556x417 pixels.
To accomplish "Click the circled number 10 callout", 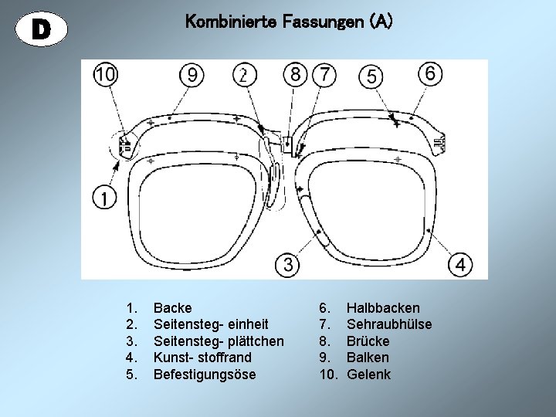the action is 106,74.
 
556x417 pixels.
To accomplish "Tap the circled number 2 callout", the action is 243,75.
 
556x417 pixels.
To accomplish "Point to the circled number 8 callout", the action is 294,74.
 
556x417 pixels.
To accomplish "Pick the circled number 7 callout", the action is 325,74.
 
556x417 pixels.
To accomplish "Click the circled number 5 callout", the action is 371,76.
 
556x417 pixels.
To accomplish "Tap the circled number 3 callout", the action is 287,265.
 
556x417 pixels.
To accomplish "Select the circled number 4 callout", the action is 461,265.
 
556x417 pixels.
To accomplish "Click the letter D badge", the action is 42,28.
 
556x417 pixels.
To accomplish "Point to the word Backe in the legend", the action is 173,308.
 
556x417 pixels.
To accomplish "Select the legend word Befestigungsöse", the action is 205,375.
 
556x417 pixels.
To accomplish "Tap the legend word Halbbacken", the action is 384,308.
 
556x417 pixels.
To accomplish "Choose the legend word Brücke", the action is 368,341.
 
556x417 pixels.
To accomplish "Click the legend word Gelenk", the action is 369,375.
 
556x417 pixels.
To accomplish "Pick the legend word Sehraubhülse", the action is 389,324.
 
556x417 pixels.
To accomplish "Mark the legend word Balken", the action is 368,358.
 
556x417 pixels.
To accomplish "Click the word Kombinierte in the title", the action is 225,22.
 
